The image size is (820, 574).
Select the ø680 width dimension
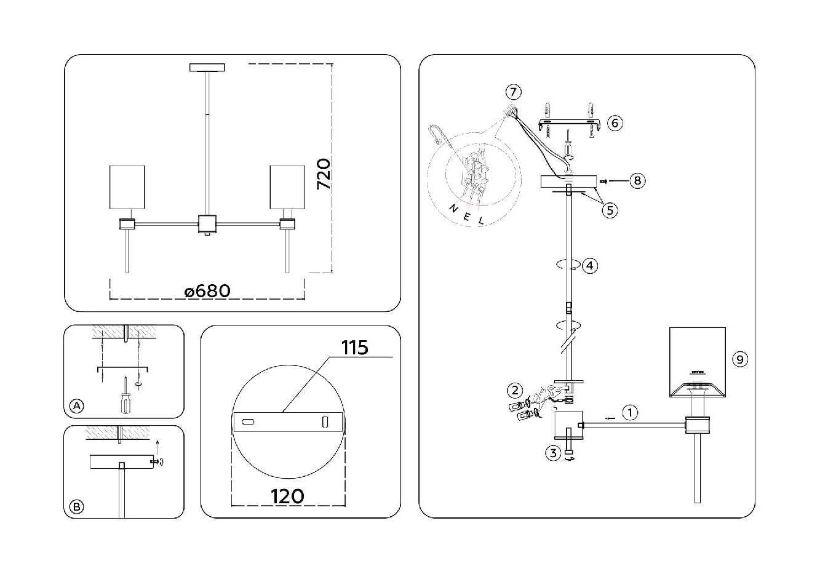pos(208,290)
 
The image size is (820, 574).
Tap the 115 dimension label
pos(355,348)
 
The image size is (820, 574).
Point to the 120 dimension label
pos(287,496)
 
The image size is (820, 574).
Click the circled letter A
pos(76,406)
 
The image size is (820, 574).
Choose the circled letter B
pos(76,507)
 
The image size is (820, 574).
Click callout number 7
pos(513,92)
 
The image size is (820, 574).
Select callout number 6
pos(613,123)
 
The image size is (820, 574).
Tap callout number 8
pos(637,180)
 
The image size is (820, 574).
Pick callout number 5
pos(609,210)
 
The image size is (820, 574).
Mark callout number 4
pos(589,266)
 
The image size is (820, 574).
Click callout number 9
pos(741,359)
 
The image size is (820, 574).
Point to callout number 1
pos(630,412)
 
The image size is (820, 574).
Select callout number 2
pos(514,389)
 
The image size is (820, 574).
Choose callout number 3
pos(553,454)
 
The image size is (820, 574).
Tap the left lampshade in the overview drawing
pos(127,189)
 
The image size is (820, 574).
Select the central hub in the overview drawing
pos(207,224)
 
